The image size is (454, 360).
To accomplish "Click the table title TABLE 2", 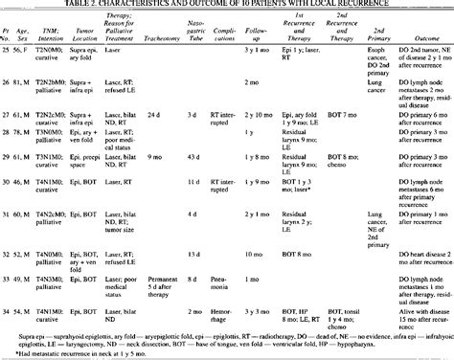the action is [x=227, y=6].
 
